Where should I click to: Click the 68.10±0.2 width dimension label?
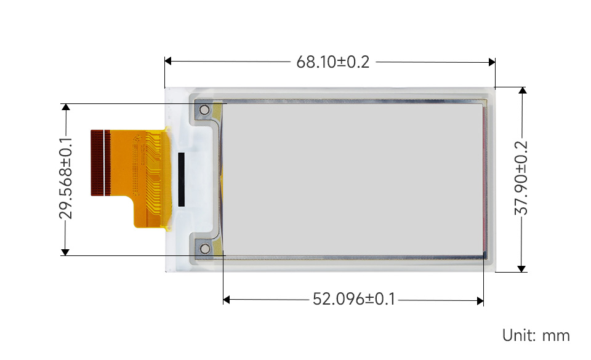pos(333,62)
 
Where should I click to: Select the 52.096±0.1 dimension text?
pos(354,299)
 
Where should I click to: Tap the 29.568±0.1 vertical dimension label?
pos(66,178)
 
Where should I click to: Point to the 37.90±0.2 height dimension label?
pos(521,178)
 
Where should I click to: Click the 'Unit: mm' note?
pos(536,335)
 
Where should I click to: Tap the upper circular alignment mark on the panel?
pos(204,110)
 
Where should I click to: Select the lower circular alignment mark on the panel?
pos(205,249)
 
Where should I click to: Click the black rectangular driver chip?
pos(181,180)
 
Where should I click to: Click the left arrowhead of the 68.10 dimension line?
pos(168,61)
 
